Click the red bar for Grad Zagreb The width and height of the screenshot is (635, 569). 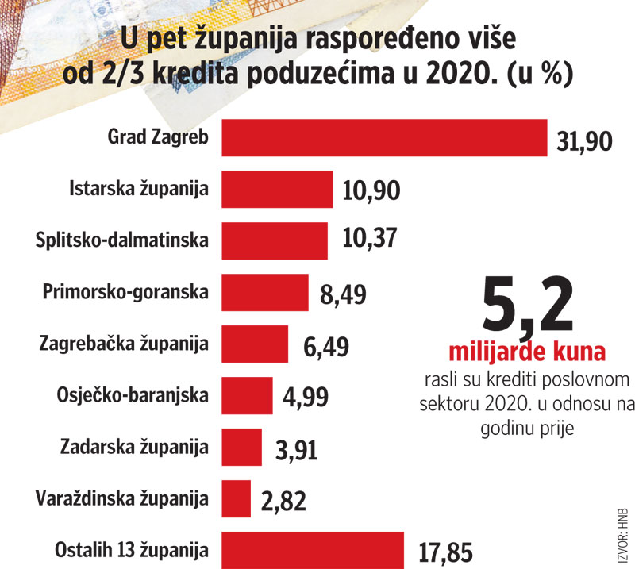pyautogui.click(x=383, y=138)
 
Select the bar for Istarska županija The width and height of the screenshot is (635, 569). pyautogui.click(x=276, y=190)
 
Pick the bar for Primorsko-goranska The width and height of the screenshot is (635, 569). pyautogui.click(x=264, y=293)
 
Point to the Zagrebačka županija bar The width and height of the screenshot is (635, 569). pyautogui.click(x=254, y=344)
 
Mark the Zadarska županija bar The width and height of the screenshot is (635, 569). pyautogui.click(x=241, y=448)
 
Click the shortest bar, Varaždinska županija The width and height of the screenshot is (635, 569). pyautogui.click(x=235, y=499)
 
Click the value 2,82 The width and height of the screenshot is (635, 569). pyautogui.click(x=283, y=502)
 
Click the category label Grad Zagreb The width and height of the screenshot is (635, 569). pyautogui.click(x=158, y=137)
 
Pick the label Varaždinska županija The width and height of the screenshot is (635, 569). pyautogui.click(x=123, y=498)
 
